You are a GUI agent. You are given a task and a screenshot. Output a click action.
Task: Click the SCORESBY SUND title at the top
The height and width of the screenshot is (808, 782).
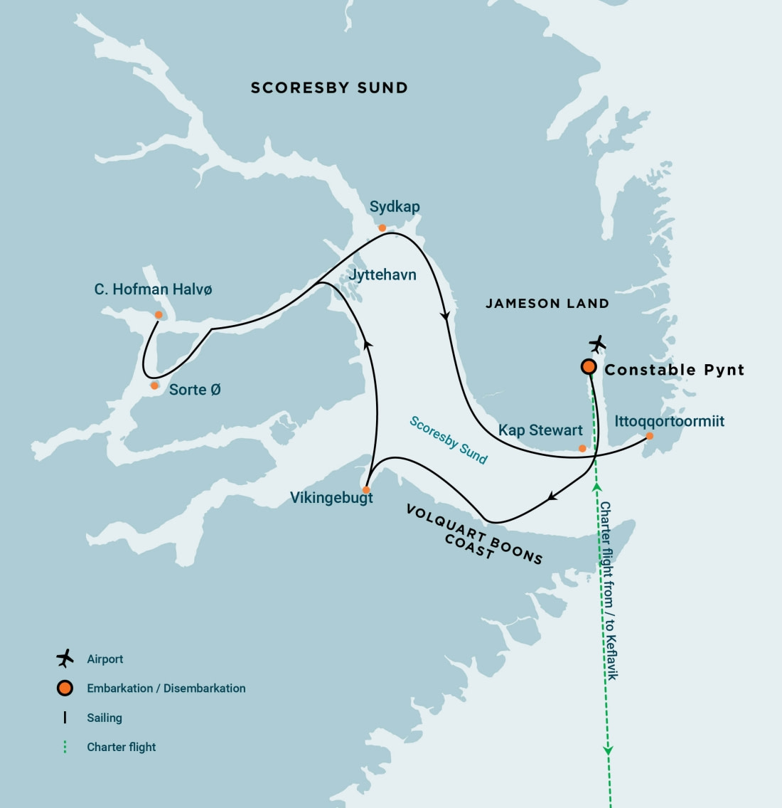(329, 88)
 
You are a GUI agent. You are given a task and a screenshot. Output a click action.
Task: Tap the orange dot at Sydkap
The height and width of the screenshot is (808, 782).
(382, 228)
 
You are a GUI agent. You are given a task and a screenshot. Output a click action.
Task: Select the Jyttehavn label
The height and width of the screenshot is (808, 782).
(382, 275)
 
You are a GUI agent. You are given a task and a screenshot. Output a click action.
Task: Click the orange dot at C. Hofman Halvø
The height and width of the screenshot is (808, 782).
(159, 315)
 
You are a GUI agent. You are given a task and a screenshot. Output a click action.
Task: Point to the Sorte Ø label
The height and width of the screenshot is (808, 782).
(195, 390)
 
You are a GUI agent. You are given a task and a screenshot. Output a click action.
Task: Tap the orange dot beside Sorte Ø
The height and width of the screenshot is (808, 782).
(154, 386)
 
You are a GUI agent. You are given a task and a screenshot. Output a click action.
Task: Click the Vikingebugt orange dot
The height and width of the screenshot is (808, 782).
(366, 490)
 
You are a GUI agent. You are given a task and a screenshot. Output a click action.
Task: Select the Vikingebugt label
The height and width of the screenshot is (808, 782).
(331, 498)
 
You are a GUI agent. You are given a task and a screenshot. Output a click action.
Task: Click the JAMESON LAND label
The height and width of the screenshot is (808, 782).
(547, 304)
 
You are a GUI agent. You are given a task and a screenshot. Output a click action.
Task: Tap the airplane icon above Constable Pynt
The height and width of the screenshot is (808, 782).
(597, 344)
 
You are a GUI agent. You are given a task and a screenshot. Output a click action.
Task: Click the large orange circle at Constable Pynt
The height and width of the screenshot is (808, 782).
(589, 367)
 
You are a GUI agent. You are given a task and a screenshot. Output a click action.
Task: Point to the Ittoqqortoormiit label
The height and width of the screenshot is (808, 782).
(669, 421)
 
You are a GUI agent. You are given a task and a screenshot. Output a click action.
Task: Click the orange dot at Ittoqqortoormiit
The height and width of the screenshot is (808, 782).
(649, 436)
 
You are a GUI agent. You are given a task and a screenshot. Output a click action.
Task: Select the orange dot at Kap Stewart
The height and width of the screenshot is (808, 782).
(582, 448)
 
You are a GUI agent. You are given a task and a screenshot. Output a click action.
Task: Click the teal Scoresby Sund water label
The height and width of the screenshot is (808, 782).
(449, 440)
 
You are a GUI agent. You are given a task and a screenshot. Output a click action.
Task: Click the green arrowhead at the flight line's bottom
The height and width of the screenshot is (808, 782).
(609, 749)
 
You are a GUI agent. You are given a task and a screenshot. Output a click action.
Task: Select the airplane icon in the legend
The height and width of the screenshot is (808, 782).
(65, 659)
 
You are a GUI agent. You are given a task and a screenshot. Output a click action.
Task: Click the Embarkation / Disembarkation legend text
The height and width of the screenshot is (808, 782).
(166, 689)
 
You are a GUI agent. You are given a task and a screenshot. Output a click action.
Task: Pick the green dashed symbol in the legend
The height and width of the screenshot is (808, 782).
(65, 747)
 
